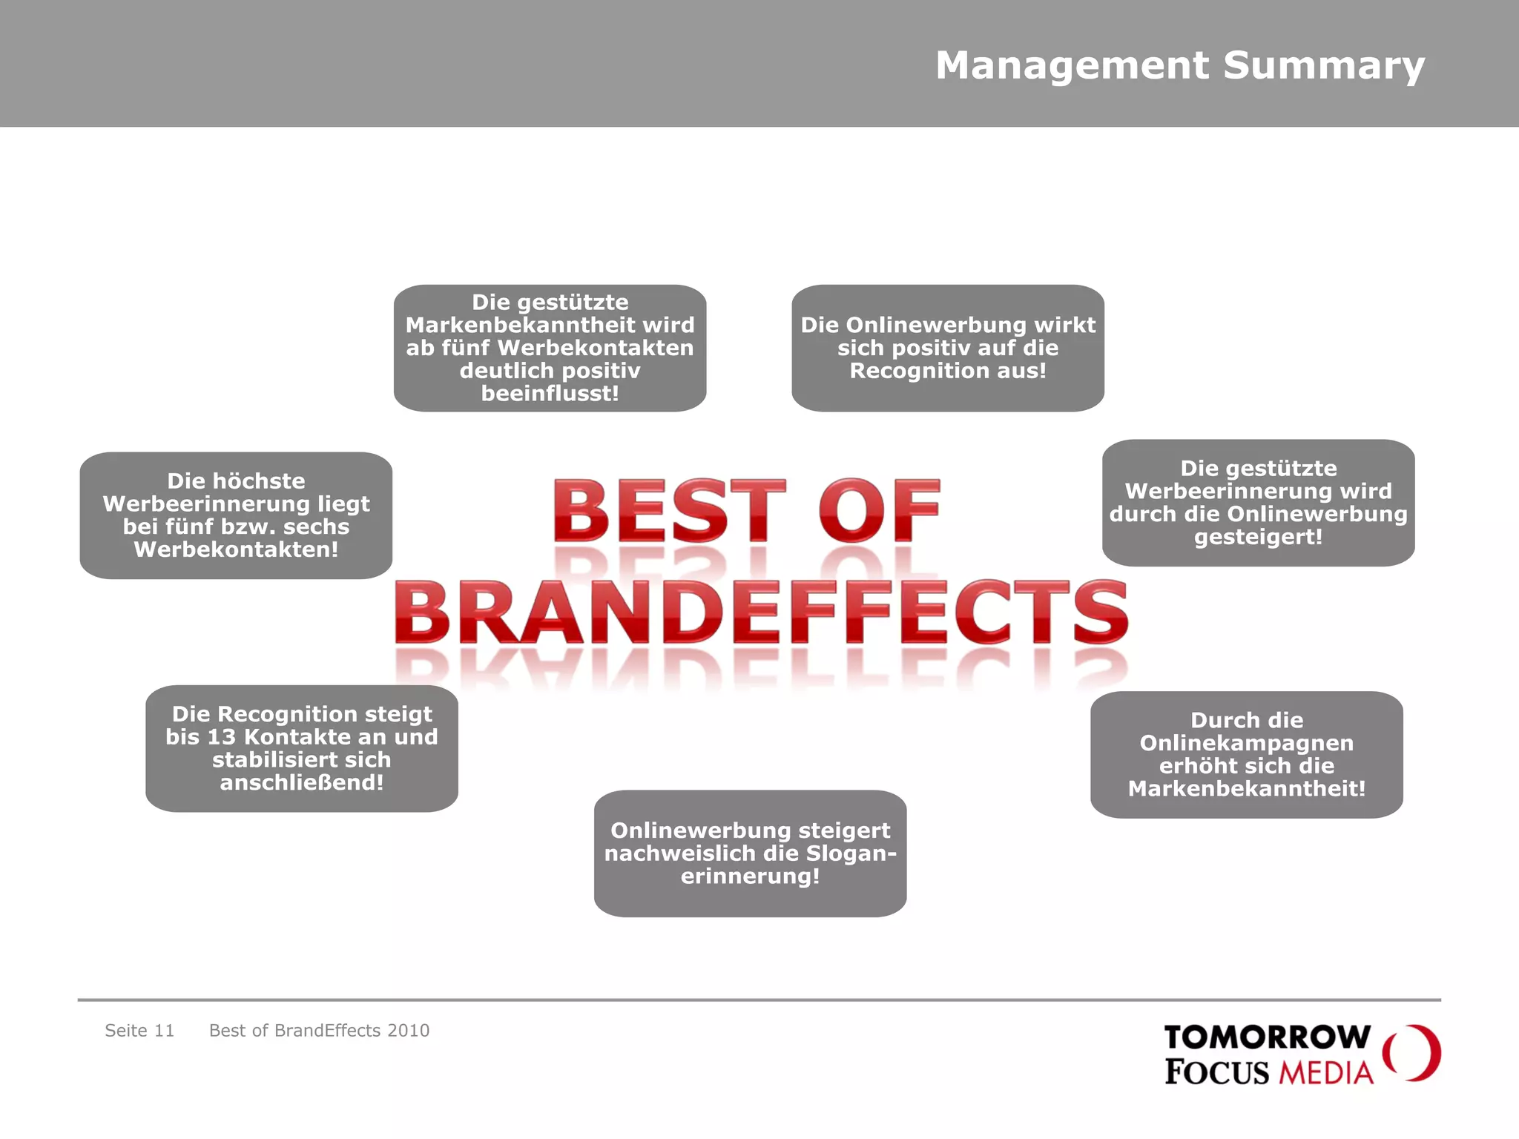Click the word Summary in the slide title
pyautogui.click(x=1323, y=65)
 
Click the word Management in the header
pyautogui.click(x=1072, y=65)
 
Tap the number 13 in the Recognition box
pyautogui.click(x=221, y=737)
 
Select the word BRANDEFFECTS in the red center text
pyautogui.click(x=761, y=614)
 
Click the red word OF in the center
pyautogui.click(x=880, y=512)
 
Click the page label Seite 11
pyautogui.click(x=139, y=1031)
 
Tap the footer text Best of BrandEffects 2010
pyautogui.click(x=319, y=1031)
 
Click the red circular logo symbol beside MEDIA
pyautogui.click(x=1412, y=1053)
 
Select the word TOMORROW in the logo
pyautogui.click(x=1268, y=1037)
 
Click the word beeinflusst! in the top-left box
pyautogui.click(x=550, y=394)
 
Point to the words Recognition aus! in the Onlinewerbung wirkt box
pyautogui.click(x=947, y=371)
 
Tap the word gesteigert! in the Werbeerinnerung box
pyautogui.click(x=1258, y=537)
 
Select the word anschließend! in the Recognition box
pyautogui.click(x=301, y=783)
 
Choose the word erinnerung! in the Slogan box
pyautogui.click(x=750, y=876)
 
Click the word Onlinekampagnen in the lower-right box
pyautogui.click(x=1246, y=743)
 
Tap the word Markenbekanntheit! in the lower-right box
pyautogui.click(x=1246, y=789)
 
